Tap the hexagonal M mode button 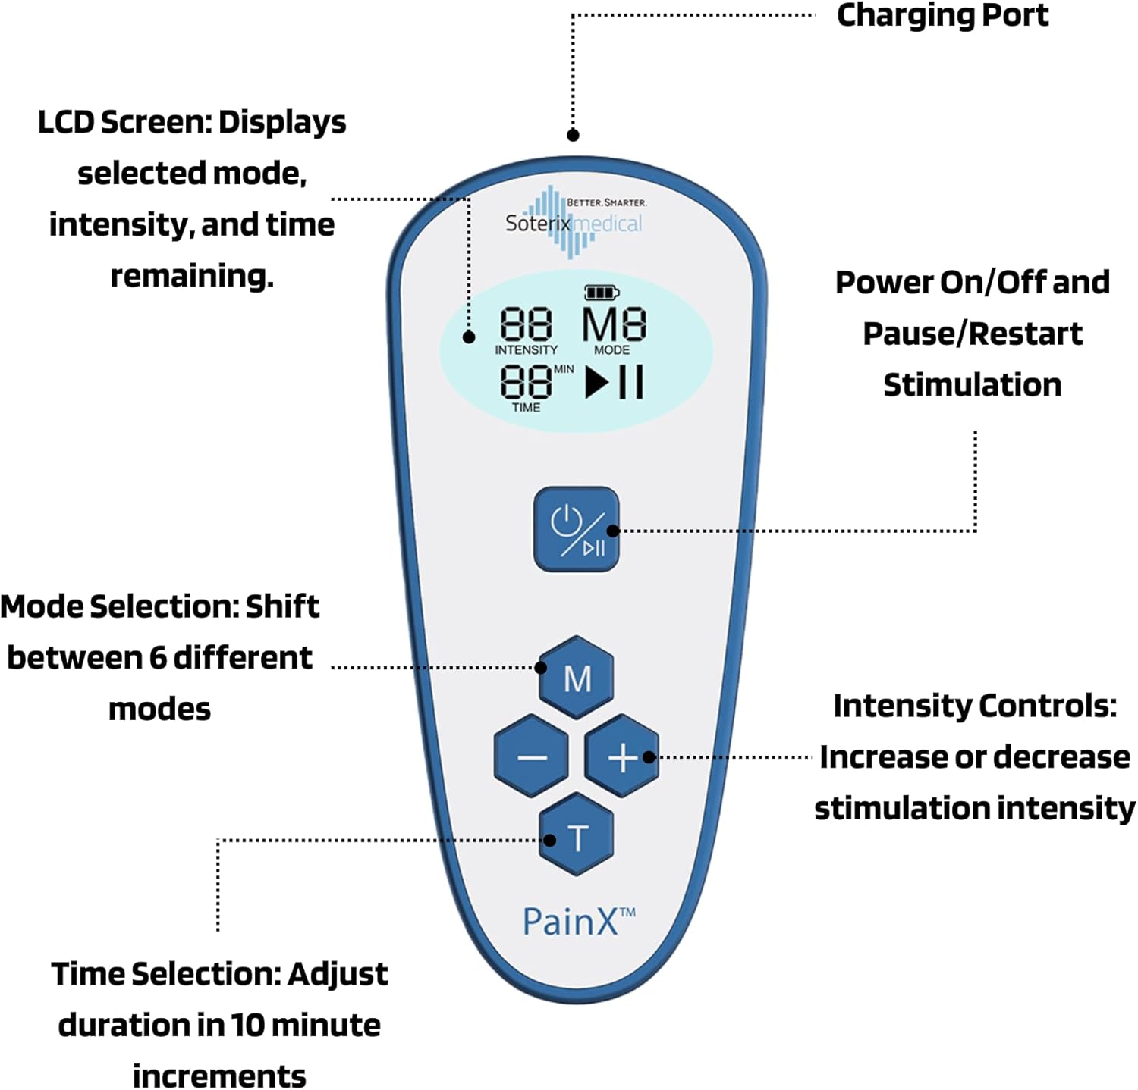(x=577, y=678)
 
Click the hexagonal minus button (x=531, y=756)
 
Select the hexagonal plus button (x=622, y=756)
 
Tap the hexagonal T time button (x=577, y=837)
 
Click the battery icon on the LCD (x=602, y=293)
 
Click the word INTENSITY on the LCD (x=526, y=350)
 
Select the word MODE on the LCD (x=611, y=350)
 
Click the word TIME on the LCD (x=526, y=408)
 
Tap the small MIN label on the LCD (x=564, y=369)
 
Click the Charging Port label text (x=942, y=15)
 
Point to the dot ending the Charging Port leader (x=574, y=135)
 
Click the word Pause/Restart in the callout (x=973, y=334)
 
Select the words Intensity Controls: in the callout (x=974, y=706)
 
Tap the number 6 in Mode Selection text (x=158, y=658)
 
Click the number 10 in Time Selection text (x=247, y=1026)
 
